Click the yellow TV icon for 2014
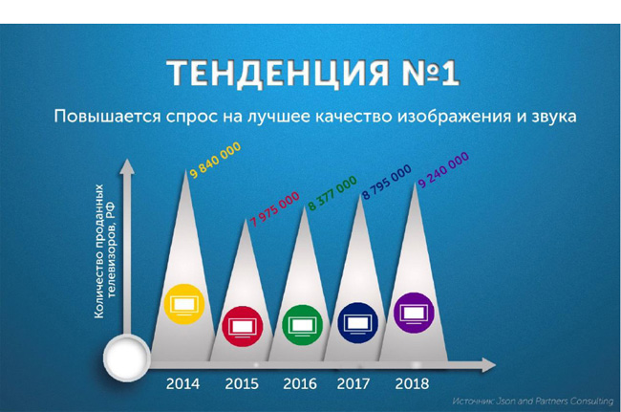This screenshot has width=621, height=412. coord(184,304)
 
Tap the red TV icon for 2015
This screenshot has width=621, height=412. coord(243,326)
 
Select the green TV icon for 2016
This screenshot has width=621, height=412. coord(302,325)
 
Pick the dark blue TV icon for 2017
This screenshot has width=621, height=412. coord(357,322)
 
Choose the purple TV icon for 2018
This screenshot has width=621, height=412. coord(414,313)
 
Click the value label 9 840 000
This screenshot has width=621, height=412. coord(215,160)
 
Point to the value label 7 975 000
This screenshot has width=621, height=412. coord(274,209)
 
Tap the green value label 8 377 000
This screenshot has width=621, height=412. coord(332,193)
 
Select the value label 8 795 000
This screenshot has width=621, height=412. coord(387,183)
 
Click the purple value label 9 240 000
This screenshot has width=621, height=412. coord(443,169)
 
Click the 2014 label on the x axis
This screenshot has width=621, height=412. coord(182,383)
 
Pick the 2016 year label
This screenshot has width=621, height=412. coord(300,383)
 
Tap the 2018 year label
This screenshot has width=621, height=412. coord(412,383)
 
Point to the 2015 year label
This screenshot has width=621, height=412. coord(242,383)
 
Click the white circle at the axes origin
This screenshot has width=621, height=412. coord(126,358)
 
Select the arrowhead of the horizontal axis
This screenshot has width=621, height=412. coord(489,364)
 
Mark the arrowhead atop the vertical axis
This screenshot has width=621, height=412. coord(127,166)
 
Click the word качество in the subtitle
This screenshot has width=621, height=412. coord(354,117)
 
